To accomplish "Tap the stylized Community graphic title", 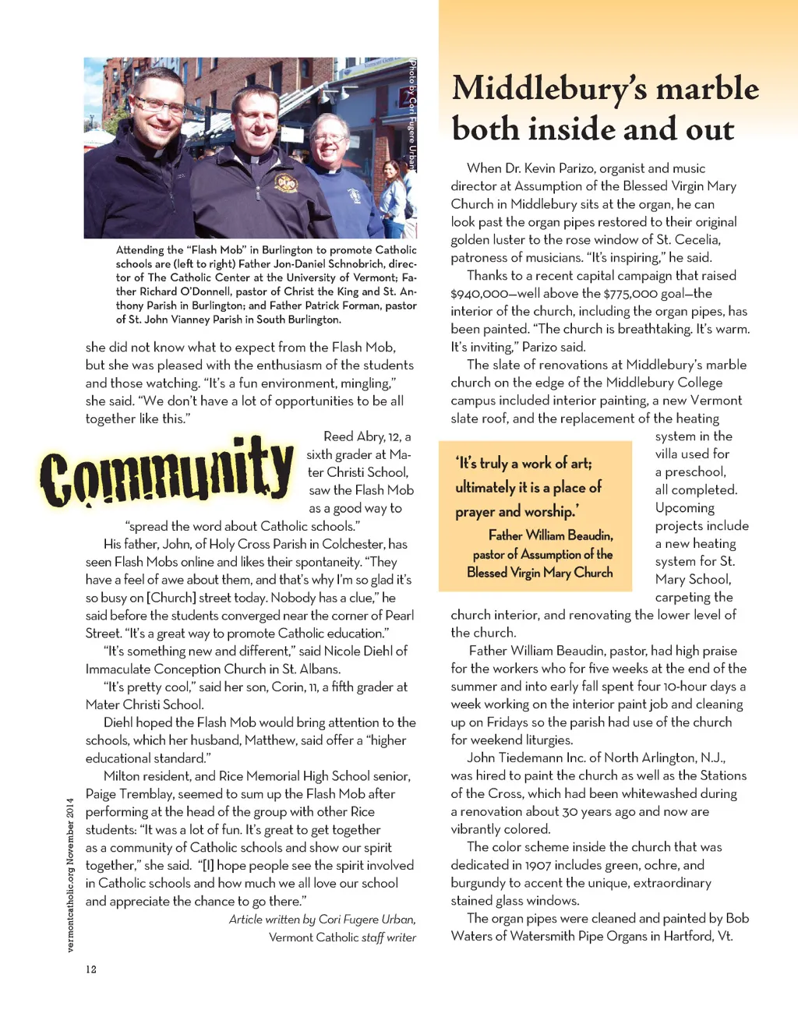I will (x=167, y=471).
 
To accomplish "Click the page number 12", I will (x=91, y=969).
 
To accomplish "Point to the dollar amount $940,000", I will (x=477, y=293).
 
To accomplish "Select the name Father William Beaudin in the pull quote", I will (x=550, y=535).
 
